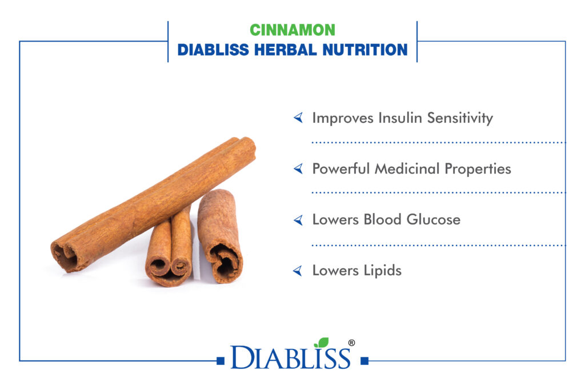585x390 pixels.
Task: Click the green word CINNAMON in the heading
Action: (x=292, y=30)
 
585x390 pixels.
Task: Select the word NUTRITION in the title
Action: (x=365, y=50)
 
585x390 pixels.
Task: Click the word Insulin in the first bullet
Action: (x=400, y=118)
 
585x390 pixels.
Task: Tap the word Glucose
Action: (x=433, y=220)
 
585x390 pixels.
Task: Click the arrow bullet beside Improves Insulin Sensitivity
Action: (x=298, y=118)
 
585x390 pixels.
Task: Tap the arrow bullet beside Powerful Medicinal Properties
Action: (x=298, y=169)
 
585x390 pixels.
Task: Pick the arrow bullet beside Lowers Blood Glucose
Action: (x=298, y=220)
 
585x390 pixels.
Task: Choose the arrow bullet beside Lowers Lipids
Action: (x=298, y=271)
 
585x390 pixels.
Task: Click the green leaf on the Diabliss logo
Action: (x=322, y=342)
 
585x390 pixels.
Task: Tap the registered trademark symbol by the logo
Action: (x=351, y=343)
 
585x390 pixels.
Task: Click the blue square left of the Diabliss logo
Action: (x=221, y=360)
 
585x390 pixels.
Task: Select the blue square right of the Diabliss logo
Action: (x=364, y=360)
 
